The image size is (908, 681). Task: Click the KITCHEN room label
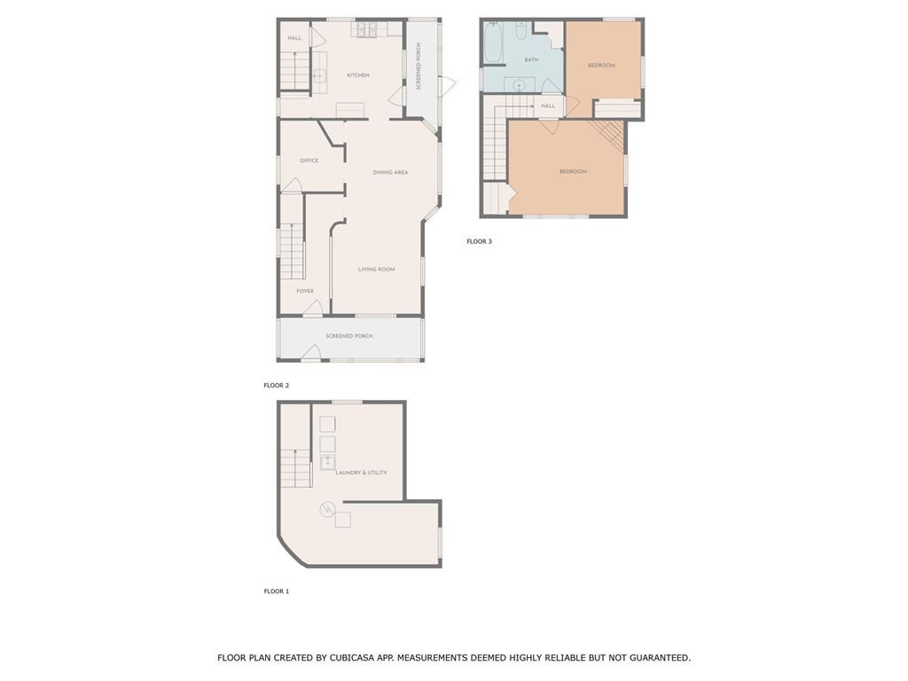(358, 75)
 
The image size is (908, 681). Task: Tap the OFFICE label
(309, 160)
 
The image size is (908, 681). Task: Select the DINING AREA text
(390, 172)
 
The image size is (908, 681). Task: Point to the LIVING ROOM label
(376, 270)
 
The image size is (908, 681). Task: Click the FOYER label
(305, 291)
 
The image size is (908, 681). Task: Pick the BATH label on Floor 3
(531, 59)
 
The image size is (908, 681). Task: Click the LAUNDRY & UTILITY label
(362, 473)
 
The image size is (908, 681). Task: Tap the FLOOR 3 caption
(479, 241)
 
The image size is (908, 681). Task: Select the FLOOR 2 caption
(277, 385)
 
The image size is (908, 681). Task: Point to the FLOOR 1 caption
(277, 591)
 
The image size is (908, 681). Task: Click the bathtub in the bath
(493, 43)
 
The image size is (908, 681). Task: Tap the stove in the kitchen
(367, 29)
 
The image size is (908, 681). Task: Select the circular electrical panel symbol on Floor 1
(327, 510)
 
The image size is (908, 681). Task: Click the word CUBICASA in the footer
(353, 658)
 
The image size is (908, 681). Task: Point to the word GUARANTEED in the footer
(659, 658)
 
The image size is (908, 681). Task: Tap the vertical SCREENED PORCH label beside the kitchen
(419, 66)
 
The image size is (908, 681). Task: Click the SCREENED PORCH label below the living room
(349, 336)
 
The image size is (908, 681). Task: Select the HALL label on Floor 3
(548, 106)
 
